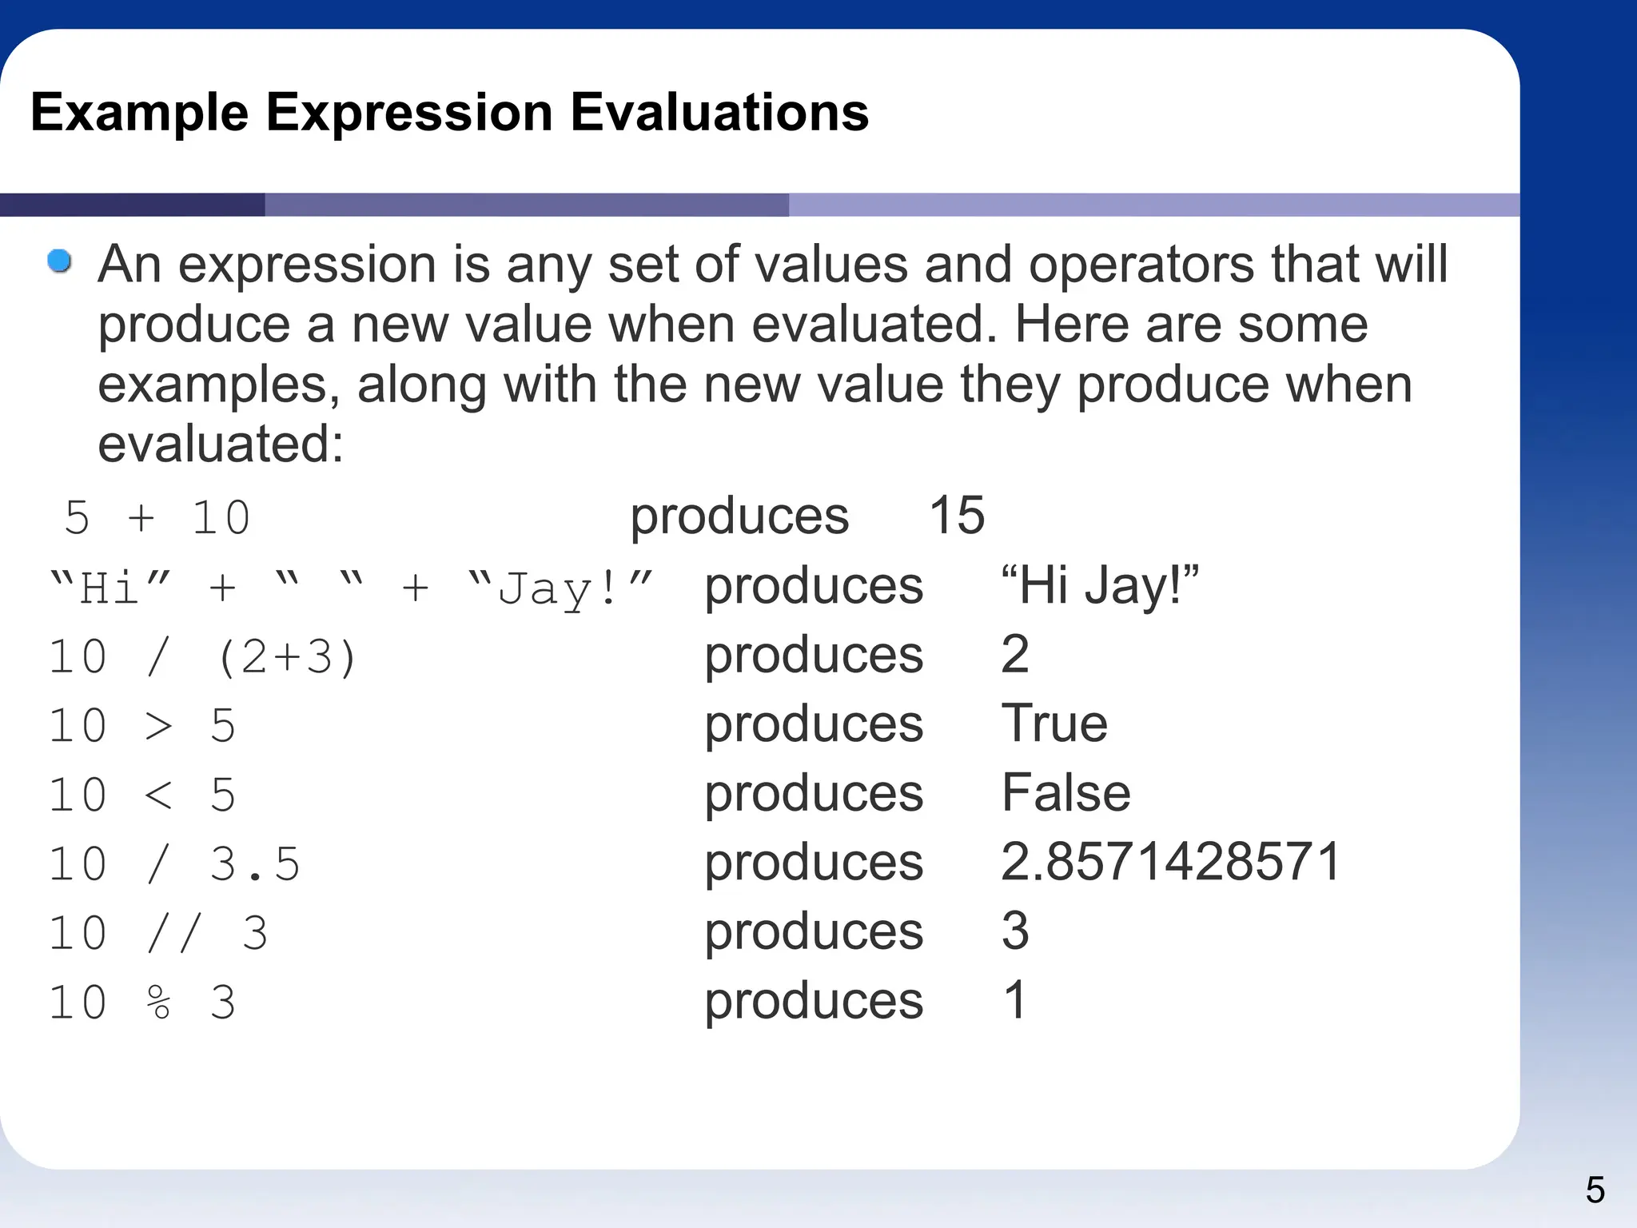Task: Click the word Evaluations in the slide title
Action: pyautogui.click(x=719, y=112)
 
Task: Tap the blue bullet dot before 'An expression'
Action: pyautogui.click(x=59, y=261)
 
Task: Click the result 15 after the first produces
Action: pyautogui.click(x=956, y=515)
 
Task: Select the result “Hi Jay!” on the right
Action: pyautogui.click(x=1100, y=585)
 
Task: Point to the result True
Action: pyautogui.click(x=1053, y=724)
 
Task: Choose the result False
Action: pyautogui.click(x=1065, y=793)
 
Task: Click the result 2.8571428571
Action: pyautogui.click(x=1170, y=862)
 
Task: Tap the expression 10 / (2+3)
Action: pyautogui.click(x=202, y=657)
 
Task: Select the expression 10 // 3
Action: pyautogui.click(x=158, y=933)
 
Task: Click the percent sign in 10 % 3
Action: pyautogui.click(x=159, y=1003)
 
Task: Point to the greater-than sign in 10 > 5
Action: pyautogui.click(x=159, y=726)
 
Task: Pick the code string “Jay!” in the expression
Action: pyautogui.click(x=560, y=588)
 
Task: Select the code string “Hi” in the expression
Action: pyautogui.click(x=110, y=588)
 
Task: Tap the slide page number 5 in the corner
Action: pyautogui.click(x=1595, y=1190)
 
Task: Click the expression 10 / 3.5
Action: pyautogui.click(x=174, y=864)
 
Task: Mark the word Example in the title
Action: pyautogui.click(x=139, y=112)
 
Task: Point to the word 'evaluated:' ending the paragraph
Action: pyautogui.click(x=221, y=444)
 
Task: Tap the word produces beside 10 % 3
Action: pyautogui.click(x=813, y=1000)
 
